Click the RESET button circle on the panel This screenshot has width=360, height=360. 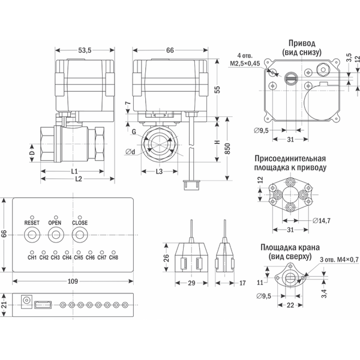click(32, 235)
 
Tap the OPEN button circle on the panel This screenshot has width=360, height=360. click(55, 235)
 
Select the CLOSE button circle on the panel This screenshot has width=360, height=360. click(80, 235)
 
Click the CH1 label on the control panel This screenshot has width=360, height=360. click(32, 258)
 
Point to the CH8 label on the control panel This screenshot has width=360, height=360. click(113, 258)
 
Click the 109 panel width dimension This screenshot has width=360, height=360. click(72, 281)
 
